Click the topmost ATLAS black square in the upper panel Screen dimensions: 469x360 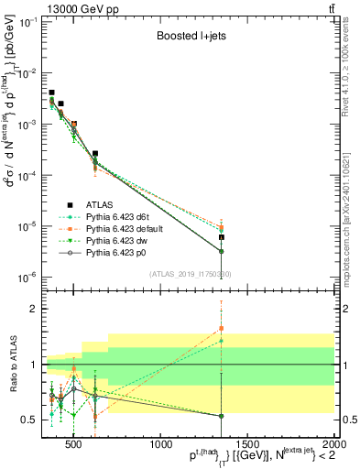51,93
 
